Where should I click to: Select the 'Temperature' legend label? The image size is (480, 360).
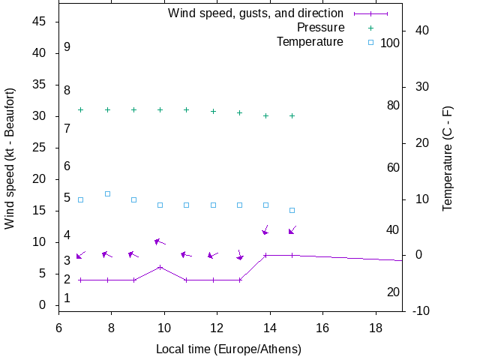point(310,42)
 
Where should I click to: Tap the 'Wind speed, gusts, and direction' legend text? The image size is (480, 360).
point(256,13)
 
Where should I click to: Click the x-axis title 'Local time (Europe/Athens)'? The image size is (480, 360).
point(229,349)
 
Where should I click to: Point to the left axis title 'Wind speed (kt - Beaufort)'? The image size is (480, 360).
point(10,158)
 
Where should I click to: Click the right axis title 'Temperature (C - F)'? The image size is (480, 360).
point(448,158)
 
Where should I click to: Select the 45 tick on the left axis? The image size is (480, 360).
point(40,22)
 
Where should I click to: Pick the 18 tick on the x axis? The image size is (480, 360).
point(376,327)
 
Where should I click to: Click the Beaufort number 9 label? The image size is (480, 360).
point(67,47)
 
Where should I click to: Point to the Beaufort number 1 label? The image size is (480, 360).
point(67,298)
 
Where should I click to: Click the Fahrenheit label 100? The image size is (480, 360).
point(390,43)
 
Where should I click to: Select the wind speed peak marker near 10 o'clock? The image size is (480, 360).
point(160,267)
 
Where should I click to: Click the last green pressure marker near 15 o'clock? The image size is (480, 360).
point(292,115)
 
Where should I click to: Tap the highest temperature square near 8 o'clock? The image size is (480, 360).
point(107,193)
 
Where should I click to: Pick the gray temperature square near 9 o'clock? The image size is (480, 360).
point(133,199)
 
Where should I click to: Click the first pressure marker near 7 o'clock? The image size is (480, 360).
point(80,109)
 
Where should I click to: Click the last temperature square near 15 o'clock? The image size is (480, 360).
point(292,210)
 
